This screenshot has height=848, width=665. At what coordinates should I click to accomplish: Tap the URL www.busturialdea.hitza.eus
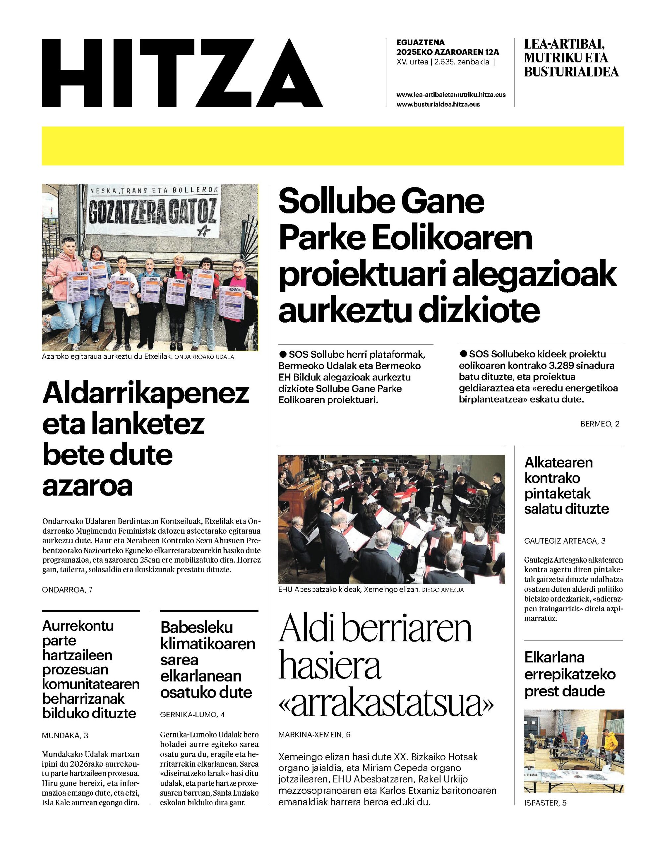pyautogui.click(x=438, y=104)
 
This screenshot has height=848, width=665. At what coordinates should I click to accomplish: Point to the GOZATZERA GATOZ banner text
pyautogui.click(x=152, y=212)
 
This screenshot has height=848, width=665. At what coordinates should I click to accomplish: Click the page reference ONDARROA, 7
pyautogui.click(x=67, y=590)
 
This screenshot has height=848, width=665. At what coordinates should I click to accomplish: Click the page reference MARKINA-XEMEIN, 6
pyautogui.click(x=315, y=735)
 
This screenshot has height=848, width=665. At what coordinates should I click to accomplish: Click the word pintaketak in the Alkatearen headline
pyautogui.click(x=557, y=494)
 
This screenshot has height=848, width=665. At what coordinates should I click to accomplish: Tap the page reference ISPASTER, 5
pyautogui.click(x=545, y=803)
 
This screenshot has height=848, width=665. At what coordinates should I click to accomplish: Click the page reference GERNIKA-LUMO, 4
pyautogui.click(x=193, y=715)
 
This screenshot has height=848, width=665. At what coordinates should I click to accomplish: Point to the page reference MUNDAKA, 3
pyautogui.click(x=65, y=736)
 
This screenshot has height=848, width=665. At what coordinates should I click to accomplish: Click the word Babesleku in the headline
pyautogui.click(x=197, y=627)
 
